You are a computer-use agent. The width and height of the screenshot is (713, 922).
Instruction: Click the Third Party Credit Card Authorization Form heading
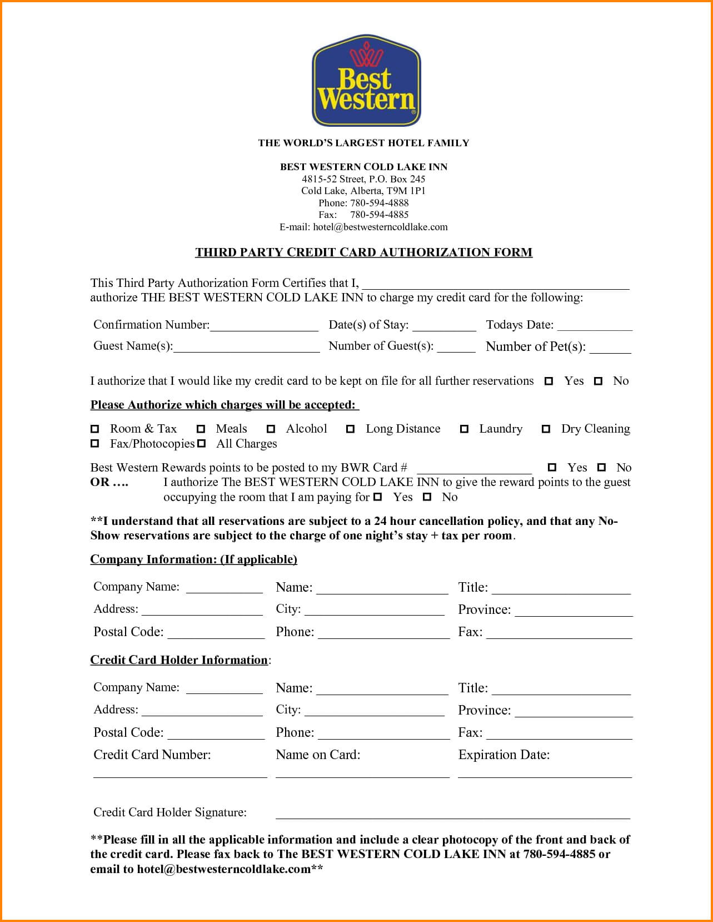pos(363,252)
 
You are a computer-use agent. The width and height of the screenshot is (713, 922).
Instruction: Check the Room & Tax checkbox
pos(95,429)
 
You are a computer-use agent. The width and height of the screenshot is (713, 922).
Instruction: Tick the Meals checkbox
pos(201,429)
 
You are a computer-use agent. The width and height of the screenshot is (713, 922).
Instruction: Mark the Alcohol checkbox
pos(271,429)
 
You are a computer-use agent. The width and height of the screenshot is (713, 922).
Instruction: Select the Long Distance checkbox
pos(351,429)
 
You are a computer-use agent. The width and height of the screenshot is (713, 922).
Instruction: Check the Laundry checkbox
pos(464,429)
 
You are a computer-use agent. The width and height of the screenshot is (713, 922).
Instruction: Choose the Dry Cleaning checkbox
pos(546,429)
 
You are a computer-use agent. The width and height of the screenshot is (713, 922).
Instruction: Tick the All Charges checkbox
pos(202,444)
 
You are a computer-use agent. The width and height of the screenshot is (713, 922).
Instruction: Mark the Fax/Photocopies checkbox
pos(95,444)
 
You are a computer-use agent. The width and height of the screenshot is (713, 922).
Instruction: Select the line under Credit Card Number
pos(180,775)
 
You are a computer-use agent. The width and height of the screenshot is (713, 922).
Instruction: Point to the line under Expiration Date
pos(545,775)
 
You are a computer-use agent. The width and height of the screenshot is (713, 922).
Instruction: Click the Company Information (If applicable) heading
pos(193,559)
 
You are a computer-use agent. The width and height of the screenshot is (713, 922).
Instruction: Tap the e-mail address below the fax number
pos(363,227)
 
